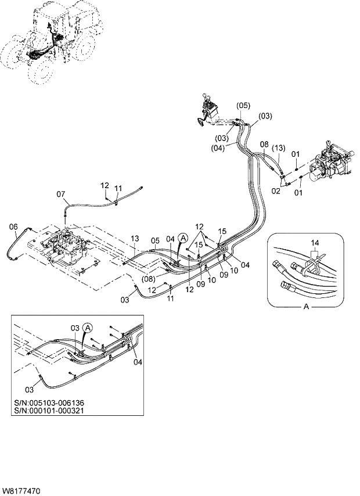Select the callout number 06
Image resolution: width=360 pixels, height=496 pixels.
14,227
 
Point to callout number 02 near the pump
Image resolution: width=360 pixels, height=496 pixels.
276,191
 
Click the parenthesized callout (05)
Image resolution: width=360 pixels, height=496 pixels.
243,105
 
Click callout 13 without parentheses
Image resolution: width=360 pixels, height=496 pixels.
135,239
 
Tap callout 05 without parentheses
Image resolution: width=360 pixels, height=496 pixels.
155,239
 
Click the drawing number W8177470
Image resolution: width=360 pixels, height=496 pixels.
21,491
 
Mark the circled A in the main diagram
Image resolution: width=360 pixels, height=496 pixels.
183,238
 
